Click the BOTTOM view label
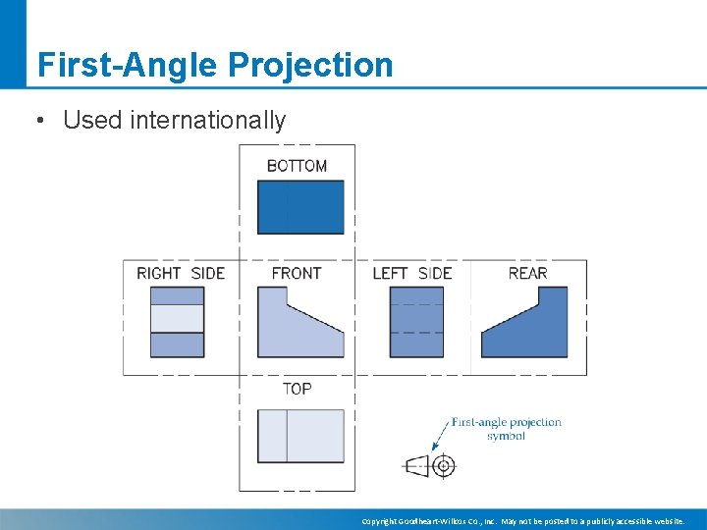[x=297, y=166]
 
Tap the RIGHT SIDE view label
[x=181, y=273]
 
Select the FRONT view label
[x=296, y=273]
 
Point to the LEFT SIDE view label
[x=412, y=273]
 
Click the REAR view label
[x=527, y=273]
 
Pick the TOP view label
[x=297, y=389]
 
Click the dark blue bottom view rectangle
[x=300, y=207]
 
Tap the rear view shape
[x=535, y=329]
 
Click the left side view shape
[x=416, y=322]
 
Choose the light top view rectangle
[x=300, y=436]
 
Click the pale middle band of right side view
[x=177, y=319]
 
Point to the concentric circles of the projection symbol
[x=444, y=465]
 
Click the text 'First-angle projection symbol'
[x=506, y=429]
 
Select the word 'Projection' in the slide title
[x=310, y=65]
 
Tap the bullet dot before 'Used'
[x=39, y=121]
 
